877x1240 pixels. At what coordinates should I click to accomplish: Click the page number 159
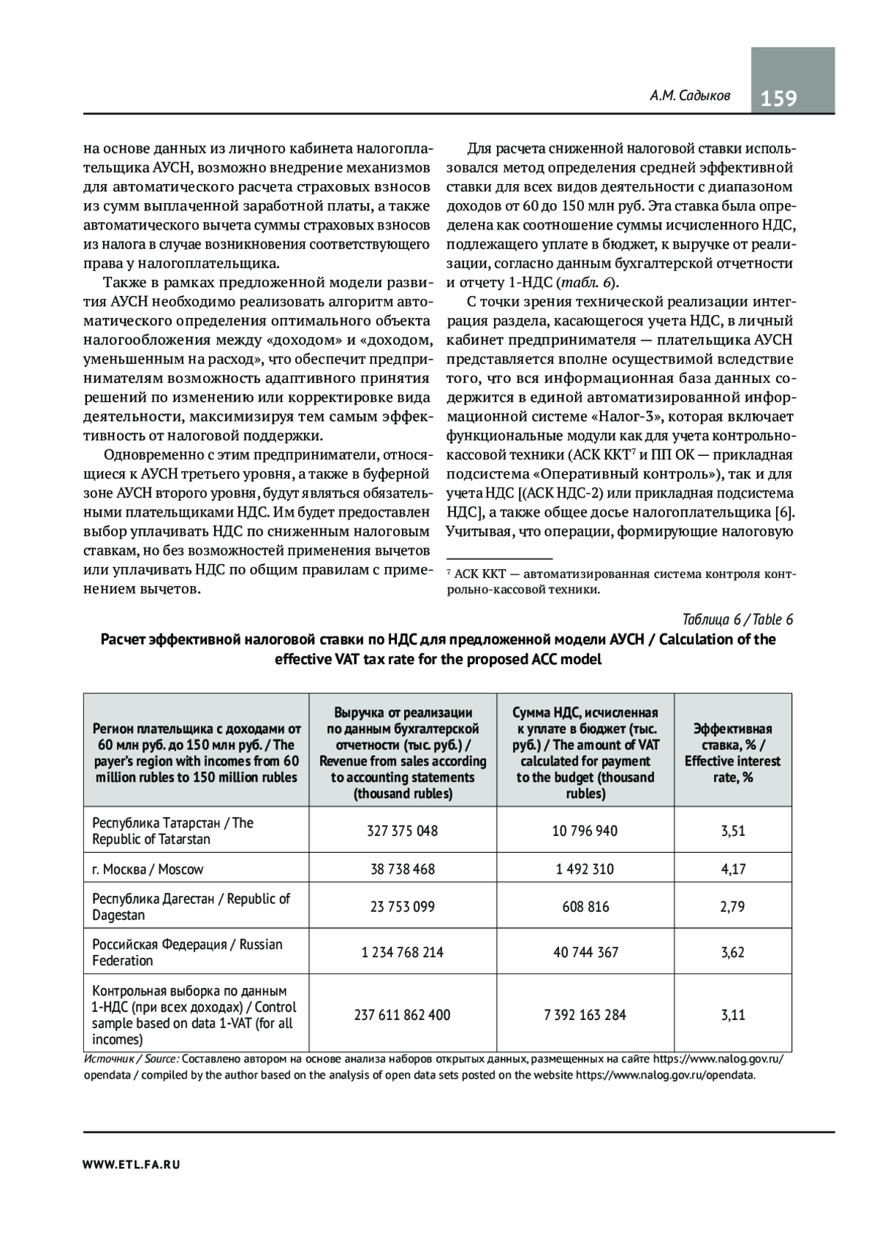point(779,98)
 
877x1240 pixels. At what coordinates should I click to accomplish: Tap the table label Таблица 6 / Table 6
point(737,620)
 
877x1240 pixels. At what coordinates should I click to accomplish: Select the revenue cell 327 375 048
point(403,831)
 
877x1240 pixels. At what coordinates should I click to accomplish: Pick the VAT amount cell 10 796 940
point(585,831)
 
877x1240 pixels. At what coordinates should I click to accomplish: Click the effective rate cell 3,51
point(732,831)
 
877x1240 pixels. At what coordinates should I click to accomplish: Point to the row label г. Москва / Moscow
point(148,869)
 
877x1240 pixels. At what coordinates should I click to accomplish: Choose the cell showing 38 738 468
point(403,869)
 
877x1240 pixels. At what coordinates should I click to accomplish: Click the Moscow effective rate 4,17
point(732,869)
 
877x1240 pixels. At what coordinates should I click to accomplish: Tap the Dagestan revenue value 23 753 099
point(403,907)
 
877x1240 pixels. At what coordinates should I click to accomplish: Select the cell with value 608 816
point(585,907)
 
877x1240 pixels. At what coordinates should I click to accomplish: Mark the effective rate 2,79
point(732,907)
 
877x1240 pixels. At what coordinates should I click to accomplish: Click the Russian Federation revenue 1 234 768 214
point(403,952)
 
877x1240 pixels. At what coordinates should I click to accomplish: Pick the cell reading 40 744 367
point(585,952)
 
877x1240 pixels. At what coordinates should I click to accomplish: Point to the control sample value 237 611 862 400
point(403,1015)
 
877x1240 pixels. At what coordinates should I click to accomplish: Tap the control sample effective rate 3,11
point(732,1015)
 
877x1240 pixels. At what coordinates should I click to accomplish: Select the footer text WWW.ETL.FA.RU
point(132,1165)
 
